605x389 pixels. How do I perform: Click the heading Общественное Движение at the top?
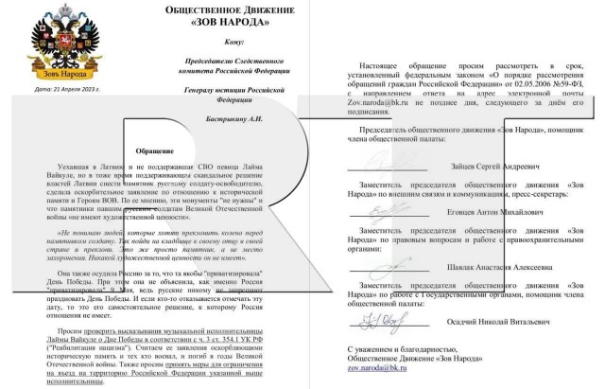coord(241,11)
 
